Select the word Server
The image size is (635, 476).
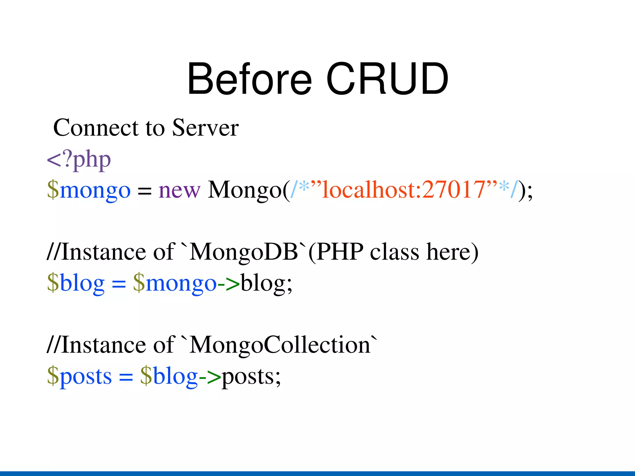(205, 128)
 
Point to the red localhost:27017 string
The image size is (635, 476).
(403, 189)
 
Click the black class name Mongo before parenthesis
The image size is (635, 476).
(244, 190)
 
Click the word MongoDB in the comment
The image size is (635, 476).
(244, 252)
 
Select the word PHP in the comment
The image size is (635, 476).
(340, 251)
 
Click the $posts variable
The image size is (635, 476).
(79, 377)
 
